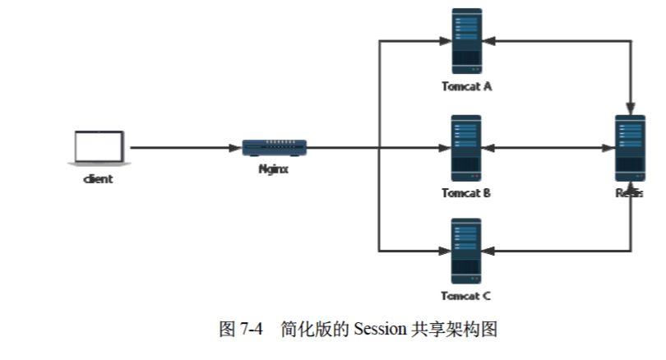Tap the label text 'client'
click(x=98, y=178)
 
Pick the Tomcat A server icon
click(x=466, y=40)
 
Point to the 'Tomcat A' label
click(x=466, y=86)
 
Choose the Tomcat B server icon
click(x=466, y=148)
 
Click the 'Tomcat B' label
click(x=466, y=193)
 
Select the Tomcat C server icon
click(x=466, y=250)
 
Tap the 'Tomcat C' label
click(x=466, y=296)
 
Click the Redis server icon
click(x=631, y=148)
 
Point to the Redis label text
click(x=629, y=193)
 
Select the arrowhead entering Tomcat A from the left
click(x=445, y=40)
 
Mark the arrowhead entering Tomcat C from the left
click(x=445, y=250)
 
